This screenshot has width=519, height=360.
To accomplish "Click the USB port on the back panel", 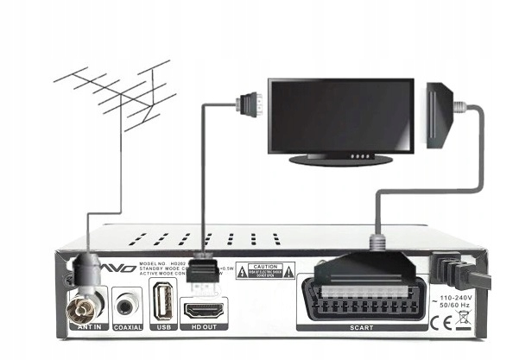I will click(x=163, y=305).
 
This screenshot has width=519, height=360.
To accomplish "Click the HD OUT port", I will click(x=204, y=308).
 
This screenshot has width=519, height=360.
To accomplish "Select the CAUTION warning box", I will click(x=259, y=272).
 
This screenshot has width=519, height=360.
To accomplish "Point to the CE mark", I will click(x=440, y=322).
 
